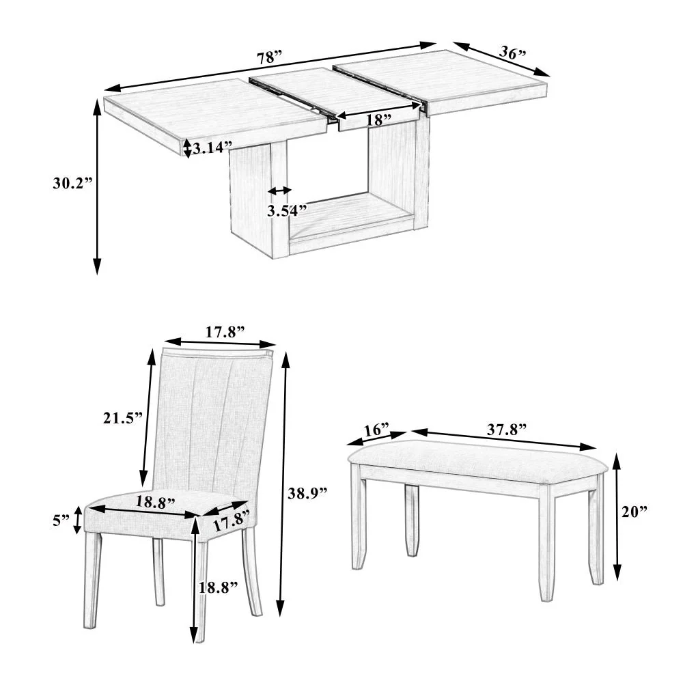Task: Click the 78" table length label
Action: [269, 58]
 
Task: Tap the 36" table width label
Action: [513, 52]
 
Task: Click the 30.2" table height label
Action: [71, 183]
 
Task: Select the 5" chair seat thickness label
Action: [61, 520]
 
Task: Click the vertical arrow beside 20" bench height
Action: [617, 517]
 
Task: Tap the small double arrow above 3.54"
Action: [280, 191]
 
